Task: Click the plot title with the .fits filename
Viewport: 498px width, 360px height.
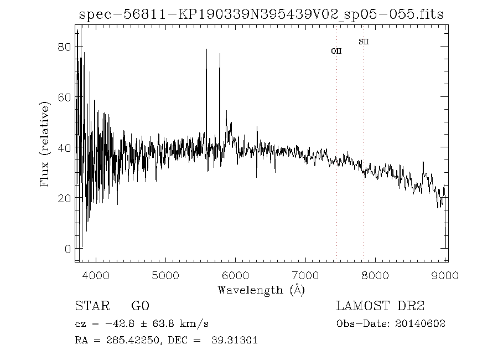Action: pos(261,15)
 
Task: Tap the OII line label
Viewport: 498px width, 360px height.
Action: pos(336,51)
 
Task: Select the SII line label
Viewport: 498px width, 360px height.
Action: pos(364,42)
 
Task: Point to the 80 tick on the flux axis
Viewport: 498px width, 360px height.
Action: pos(64,47)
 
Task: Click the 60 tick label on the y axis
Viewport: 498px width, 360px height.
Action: pos(64,97)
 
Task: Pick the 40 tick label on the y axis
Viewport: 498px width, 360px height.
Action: pos(64,148)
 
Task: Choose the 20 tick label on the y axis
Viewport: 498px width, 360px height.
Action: pos(64,198)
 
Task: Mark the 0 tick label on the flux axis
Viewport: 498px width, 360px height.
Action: pos(68,249)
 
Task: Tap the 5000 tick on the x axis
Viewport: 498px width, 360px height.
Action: pos(166,275)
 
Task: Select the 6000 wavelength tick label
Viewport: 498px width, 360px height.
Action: pos(236,275)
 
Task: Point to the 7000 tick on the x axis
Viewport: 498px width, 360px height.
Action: pos(307,275)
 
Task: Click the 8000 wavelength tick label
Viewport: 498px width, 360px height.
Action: pos(377,275)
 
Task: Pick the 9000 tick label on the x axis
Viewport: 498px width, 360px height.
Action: pos(446,275)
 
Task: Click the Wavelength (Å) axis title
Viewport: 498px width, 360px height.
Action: pos(261,290)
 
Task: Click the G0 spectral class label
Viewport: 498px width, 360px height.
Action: pos(140,306)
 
